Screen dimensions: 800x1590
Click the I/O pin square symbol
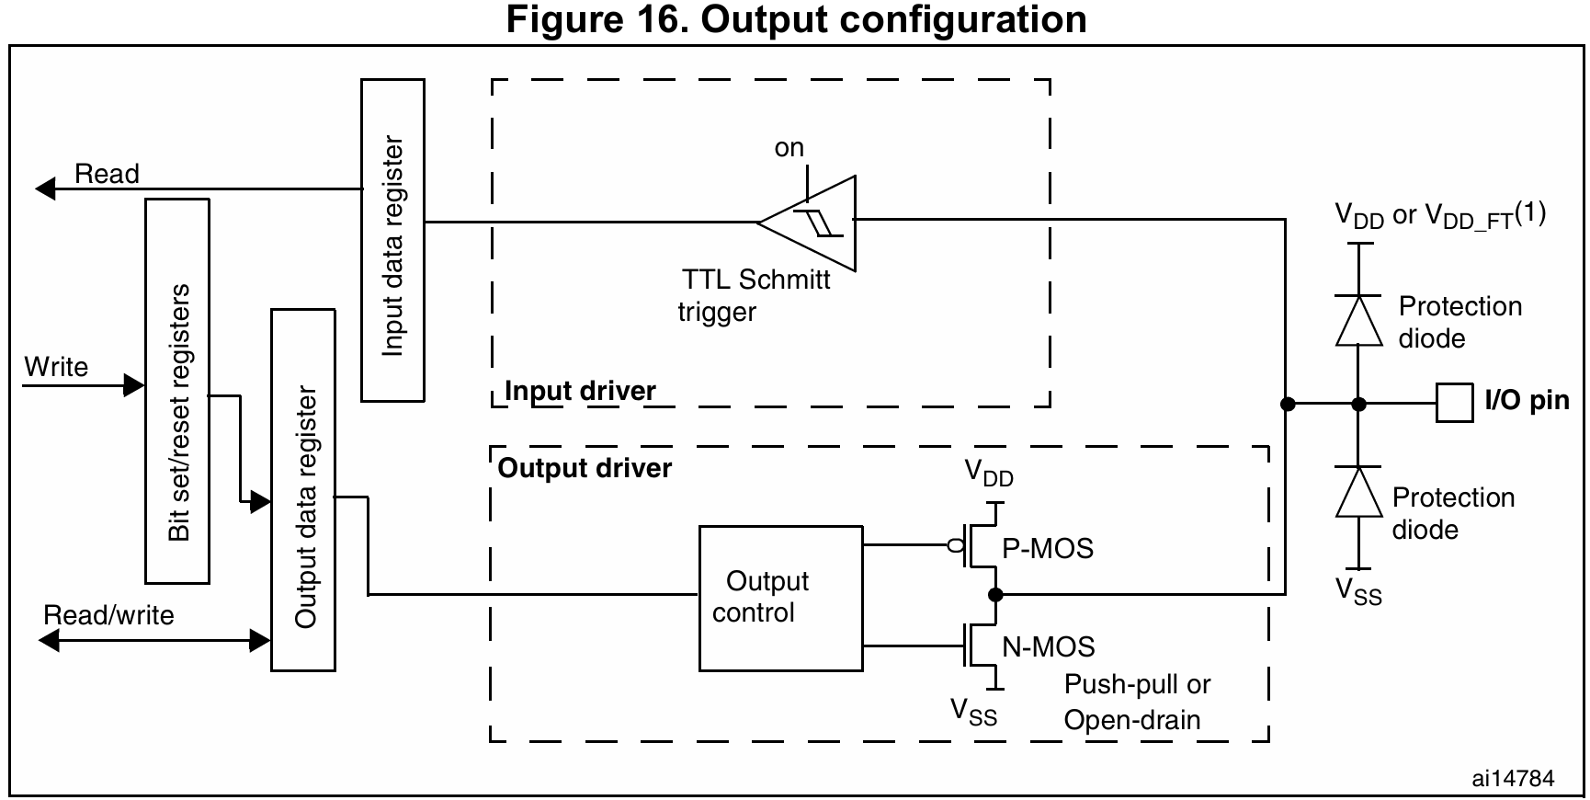coord(1454,403)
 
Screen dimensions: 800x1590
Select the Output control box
coord(780,598)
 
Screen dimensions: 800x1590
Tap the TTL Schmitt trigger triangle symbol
coord(814,223)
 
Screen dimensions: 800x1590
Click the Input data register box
coord(392,240)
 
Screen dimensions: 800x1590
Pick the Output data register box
coord(303,490)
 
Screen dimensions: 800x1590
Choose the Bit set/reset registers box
coord(177,391)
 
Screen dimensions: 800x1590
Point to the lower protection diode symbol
coord(1358,492)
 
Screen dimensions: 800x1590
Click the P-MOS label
coord(1048,549)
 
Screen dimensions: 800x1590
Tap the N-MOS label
coord(1049,647)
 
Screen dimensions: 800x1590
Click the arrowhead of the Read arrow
coord(45,189)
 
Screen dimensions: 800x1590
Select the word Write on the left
coord(56,367)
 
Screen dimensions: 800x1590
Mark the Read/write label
coord(108,615)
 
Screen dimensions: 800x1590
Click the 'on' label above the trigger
coord(789,148)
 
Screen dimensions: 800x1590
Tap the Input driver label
coord(581,391)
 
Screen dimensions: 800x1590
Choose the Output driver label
coord(585,469)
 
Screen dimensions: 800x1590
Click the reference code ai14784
coord(1513,779)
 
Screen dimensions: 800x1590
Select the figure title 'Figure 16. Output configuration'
coord(796,19)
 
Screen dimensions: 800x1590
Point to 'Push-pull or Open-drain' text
coord(1137,702)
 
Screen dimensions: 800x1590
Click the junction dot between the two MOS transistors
coord(995,595)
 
